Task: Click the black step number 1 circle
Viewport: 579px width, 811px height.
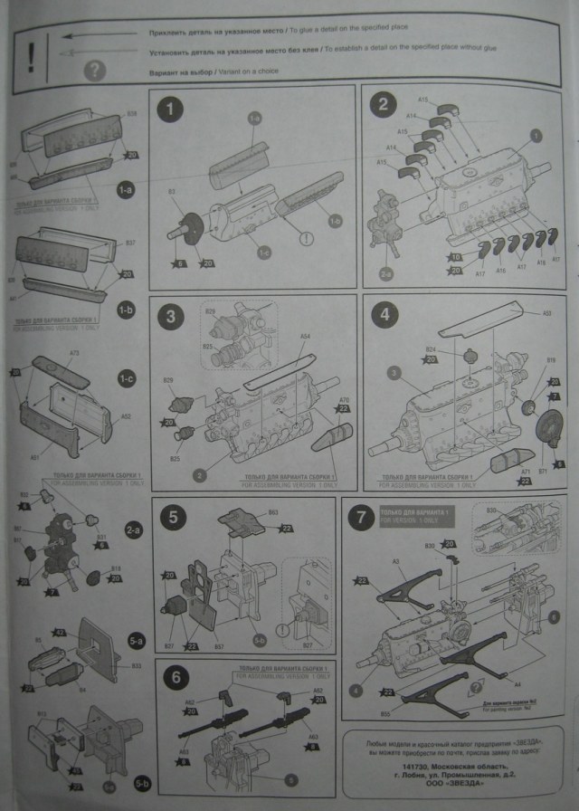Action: [x=169, y=111]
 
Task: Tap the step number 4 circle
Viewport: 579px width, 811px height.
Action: [x=384, y=317]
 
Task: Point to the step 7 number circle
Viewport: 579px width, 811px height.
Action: [x=362, y=519]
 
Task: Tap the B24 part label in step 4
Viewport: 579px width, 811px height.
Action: [x=431, y=349]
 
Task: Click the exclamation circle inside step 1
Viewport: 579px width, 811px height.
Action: [x=308, y=239]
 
